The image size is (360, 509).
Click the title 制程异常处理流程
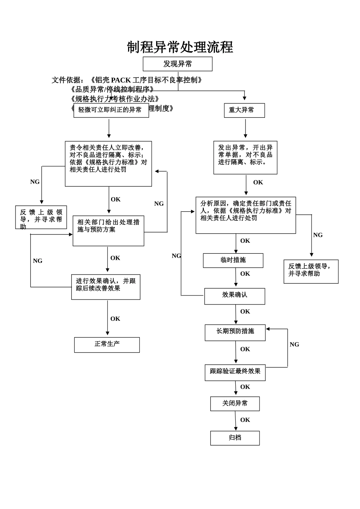pos(180,47)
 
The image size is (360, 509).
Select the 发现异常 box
pos(177,64)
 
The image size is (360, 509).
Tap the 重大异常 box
pos(244,110)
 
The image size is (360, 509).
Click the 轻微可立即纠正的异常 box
pos(111,110)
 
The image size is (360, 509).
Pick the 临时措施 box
pos(233,260)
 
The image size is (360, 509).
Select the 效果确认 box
pos(235,296)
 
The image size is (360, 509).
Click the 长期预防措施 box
pos(235,332)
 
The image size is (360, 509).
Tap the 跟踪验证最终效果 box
pos(235,372)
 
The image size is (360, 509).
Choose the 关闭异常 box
pos(235,403)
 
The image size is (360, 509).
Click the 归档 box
pos(235,438)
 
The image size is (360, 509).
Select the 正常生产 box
pos(107,345)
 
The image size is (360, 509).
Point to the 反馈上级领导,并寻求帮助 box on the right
pos(311,271)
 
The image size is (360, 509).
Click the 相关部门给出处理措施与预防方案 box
pos(108,231)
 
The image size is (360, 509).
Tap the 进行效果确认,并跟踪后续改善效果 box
pos(106,287)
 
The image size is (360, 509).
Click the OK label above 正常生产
pos(115,319)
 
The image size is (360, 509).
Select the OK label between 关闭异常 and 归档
pos(245,420)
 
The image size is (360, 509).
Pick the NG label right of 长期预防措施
pos(294,345)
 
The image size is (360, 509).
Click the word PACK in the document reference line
pos(121,80)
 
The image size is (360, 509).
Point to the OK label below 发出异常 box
pos(258,183)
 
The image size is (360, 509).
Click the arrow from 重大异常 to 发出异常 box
pos(246,129)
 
